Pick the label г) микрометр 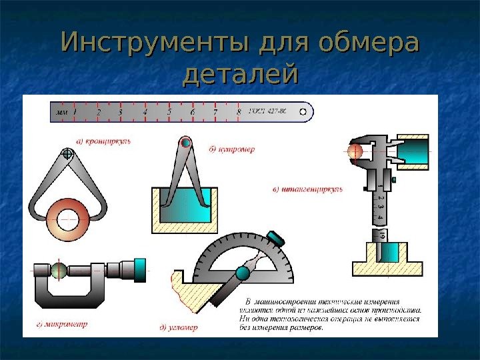(61, 325)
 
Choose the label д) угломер (180, 327)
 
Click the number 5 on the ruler (169, 112)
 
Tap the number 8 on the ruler (239, 112)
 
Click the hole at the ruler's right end (304, 112)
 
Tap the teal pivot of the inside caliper (186, 144)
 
